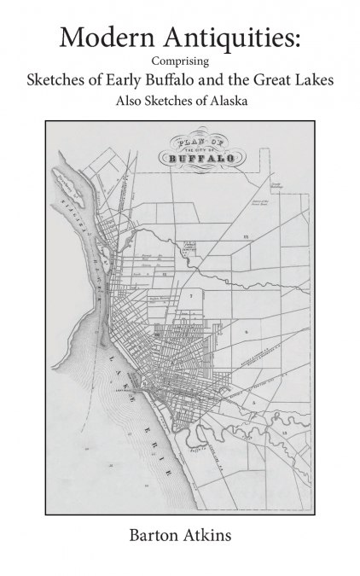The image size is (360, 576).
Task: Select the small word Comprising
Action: [x=179, y=61]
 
